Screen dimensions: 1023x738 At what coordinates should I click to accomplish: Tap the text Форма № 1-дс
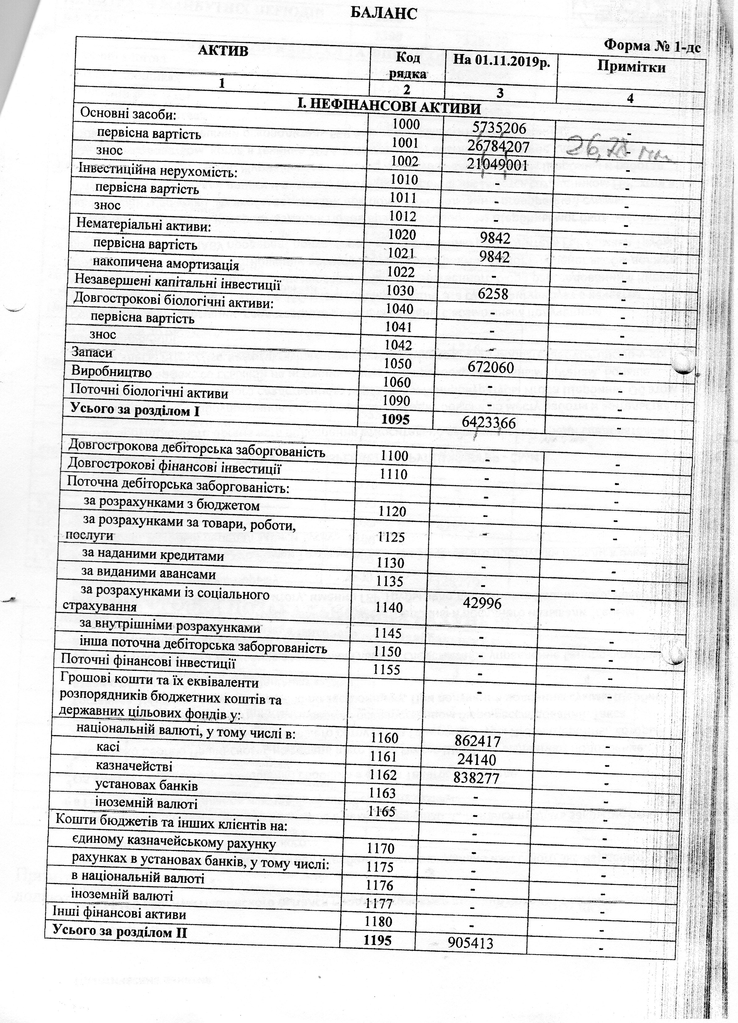tap(652, 46)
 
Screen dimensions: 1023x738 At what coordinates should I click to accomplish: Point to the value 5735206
tap(499, 129)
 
